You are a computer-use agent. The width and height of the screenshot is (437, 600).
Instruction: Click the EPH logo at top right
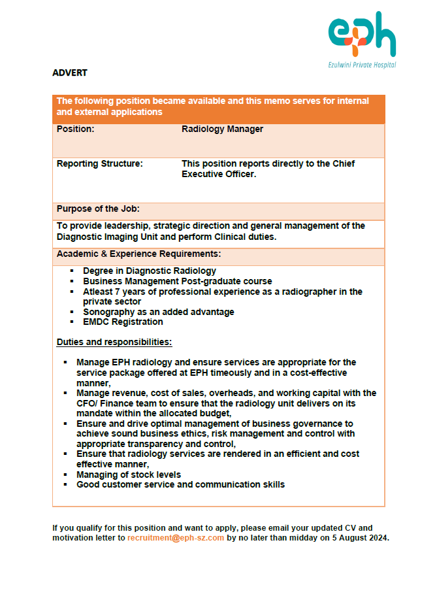pos(362,35)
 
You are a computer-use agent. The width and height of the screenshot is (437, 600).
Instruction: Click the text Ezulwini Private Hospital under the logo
pos(362,65)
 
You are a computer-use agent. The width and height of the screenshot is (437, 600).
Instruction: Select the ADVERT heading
pos(70,73)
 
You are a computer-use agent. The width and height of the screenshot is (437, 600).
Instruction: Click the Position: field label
pos(76,129)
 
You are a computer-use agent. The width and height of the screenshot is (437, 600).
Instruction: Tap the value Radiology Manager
pos(222,129)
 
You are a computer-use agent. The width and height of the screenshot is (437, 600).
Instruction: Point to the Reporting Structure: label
pos(99,163)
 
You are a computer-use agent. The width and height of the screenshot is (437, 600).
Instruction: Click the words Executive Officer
pos(218,175)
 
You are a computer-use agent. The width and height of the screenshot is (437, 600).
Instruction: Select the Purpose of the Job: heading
pos(98,209)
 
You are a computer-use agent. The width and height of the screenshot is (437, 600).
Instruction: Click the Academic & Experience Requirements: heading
pos(138,254)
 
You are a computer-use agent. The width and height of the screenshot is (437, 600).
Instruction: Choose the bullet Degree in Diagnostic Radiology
pos(149,271)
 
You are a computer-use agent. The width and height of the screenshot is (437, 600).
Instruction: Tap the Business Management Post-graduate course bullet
pos(177,281)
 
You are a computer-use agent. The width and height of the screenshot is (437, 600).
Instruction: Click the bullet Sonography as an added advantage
pos(158,312)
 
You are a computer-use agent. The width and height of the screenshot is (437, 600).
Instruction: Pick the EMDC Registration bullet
pos(123,322)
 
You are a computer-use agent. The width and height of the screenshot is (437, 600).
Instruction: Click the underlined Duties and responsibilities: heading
pos(114,342)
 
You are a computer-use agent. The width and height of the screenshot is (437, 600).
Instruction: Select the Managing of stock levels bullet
pos(128,475)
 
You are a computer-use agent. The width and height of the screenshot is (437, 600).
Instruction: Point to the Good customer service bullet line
pos(180,484)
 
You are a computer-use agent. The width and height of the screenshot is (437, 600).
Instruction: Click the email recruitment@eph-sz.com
pos(176,538)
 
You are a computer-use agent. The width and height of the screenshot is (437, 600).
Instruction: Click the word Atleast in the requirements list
pos(98,292)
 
